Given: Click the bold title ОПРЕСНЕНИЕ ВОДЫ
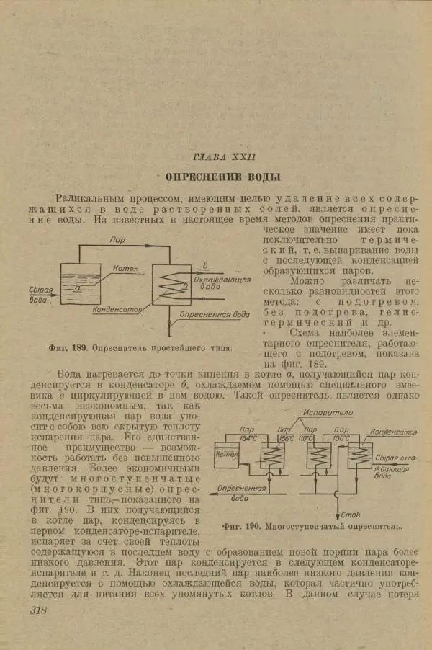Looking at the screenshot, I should pos(222,177).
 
